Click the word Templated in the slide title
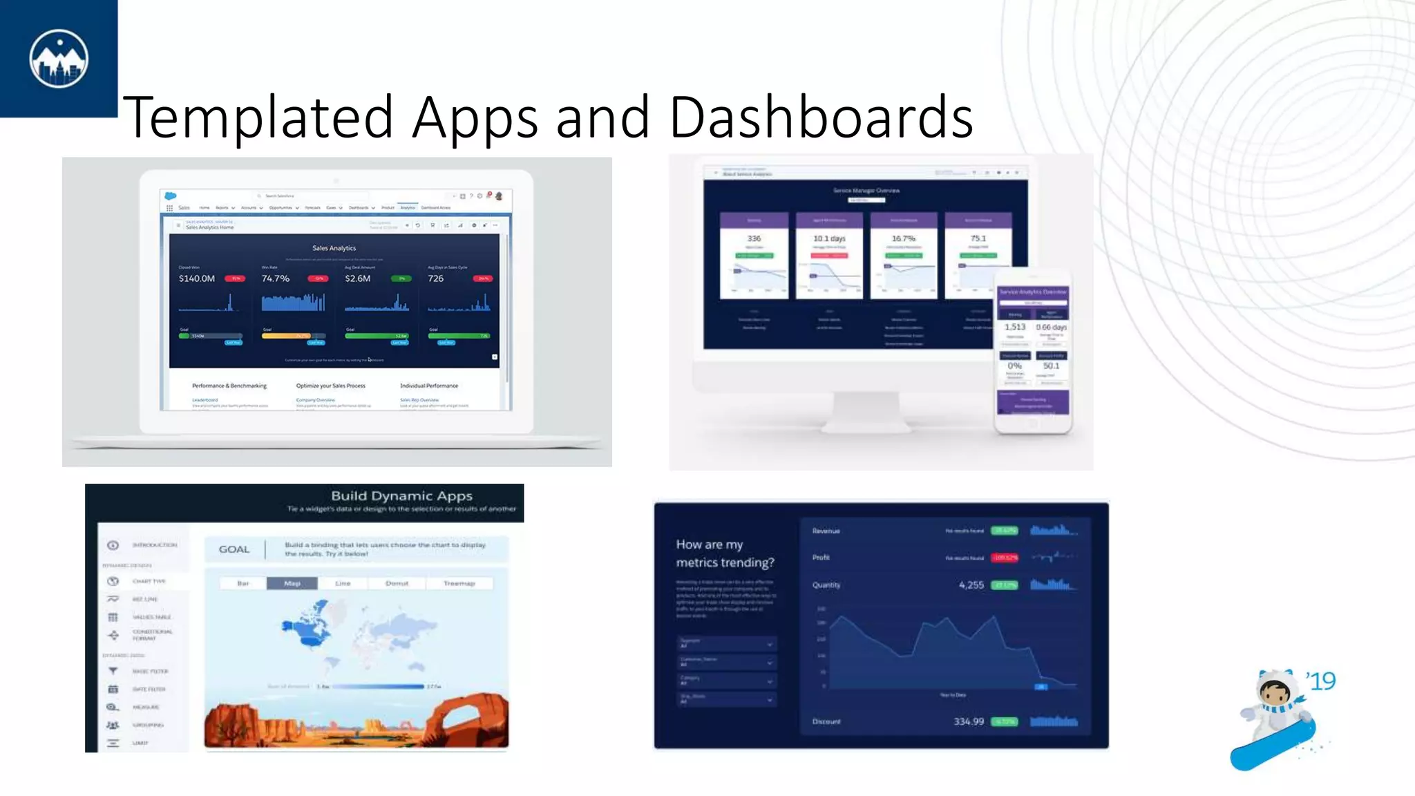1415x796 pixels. [258, 117]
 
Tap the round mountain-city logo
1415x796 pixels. [59, 59]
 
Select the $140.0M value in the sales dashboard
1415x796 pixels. [197, 278]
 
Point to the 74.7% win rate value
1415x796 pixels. [276, 278]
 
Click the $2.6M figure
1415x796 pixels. [358, 278]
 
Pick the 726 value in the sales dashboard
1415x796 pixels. [436, 278]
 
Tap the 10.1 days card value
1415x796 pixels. [829, 238]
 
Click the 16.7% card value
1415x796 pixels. [903, 238]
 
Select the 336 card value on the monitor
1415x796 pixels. [754, 238]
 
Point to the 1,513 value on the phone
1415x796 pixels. [1015, 327]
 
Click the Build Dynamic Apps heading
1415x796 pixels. [401, 495]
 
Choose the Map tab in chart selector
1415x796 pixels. [292, 583]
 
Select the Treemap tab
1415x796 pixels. [459, 583]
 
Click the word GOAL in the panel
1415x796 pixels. [234, 549]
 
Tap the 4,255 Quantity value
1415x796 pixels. [971, 585]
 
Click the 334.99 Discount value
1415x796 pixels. [969, 721]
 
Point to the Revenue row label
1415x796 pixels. [826, 531]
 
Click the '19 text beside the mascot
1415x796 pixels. [1321, 681]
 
